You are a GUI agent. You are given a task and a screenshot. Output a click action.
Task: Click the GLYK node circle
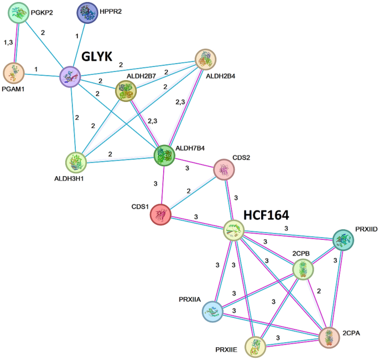[x=70, y=77]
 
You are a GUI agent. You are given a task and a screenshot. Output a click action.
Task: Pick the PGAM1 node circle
[x=13, y=73]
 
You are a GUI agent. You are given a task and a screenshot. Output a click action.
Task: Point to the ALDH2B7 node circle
[x=126, y=91]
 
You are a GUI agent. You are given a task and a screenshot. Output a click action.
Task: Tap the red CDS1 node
[x=161, y=214]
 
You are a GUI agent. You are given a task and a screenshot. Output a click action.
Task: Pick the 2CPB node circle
[x=303, y=270]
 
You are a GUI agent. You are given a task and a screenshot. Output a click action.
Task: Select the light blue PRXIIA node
[x=212, y=311]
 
